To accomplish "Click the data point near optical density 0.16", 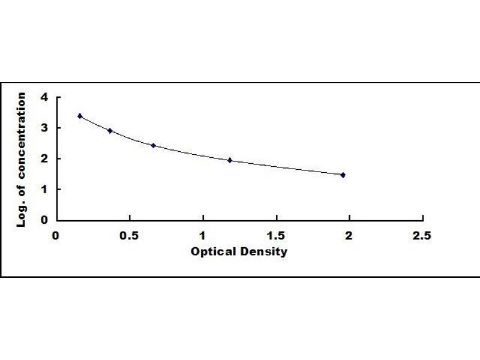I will tap(80, 116).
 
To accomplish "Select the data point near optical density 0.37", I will tap(110, 130).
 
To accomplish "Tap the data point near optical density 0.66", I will tap(153, 145).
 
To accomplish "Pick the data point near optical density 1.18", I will tap(230, 160).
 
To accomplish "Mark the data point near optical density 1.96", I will tap(343, 175).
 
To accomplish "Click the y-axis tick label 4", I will tap(43, 97).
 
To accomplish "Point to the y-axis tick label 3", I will tap(43, 128).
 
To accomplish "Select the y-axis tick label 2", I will tap(43, 158).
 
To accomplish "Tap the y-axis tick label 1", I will tap(43, 189).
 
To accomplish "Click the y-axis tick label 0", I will tap(43, 220).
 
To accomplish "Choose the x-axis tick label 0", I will tap(56, 235).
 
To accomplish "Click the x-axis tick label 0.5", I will tap(130, 235).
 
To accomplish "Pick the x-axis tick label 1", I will tap(203, 235).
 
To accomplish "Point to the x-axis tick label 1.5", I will tap(276, 235).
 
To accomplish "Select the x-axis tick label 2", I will tap(349, 235).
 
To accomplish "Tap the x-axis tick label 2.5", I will tap(422, 235).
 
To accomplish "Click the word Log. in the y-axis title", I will tap(22, 215).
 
